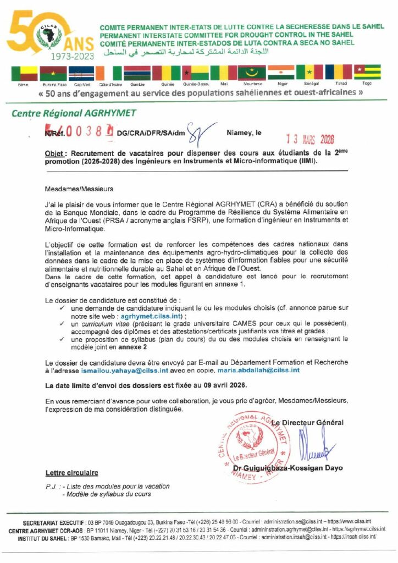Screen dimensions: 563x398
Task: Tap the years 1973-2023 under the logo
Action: [x=72, y=56]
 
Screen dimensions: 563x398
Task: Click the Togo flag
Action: [x=367, y=73]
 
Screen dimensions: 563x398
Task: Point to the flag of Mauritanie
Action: [x=251, y=73]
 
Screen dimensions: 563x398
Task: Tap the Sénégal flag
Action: [x=309, y=73]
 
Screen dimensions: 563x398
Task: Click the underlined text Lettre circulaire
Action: [x=71, y=472]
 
